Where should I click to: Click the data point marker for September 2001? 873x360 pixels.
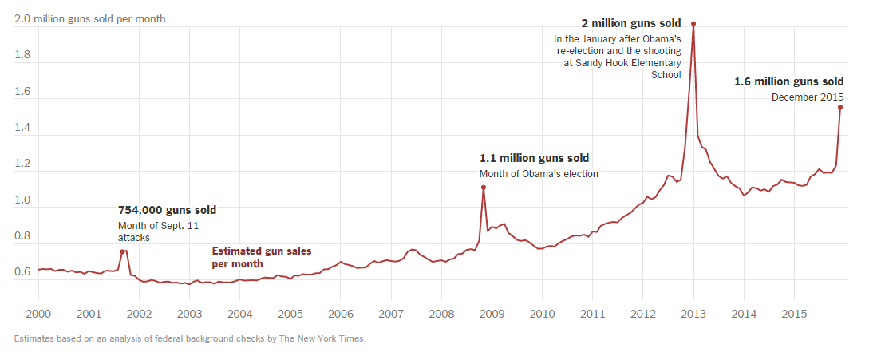122,251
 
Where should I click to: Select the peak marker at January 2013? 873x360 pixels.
693,24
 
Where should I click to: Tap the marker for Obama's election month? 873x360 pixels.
484,188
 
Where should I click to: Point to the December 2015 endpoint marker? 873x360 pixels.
840,107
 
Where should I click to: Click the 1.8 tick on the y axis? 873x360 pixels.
23,56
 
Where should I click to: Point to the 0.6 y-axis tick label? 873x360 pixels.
23,272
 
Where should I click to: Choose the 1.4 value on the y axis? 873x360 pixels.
23,128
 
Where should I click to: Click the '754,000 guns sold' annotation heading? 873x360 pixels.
167,210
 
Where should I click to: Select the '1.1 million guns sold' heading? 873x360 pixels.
534,158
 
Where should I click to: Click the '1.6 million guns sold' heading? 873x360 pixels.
788,81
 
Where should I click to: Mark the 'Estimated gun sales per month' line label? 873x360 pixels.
261,257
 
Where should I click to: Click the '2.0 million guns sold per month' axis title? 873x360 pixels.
89,18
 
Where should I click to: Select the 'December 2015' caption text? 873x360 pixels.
808,97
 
